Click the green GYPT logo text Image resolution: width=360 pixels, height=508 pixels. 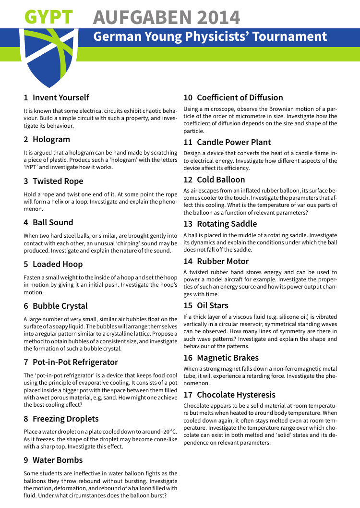click(48, 18)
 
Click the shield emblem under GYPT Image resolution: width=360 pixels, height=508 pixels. click(49, 55)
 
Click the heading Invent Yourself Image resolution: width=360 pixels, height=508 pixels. click(61, 97)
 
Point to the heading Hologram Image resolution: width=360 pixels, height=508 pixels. click(51, 139)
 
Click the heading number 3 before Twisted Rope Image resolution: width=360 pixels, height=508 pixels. click(26, 181)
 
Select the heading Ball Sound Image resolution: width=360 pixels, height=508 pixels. click(53, 222)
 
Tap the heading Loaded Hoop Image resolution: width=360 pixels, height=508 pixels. click(58, 264)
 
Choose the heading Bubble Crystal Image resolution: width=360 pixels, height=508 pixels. click(60, 306)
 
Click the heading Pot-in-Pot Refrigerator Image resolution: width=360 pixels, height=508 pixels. click(75, 362)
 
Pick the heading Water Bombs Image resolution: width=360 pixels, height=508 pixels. click(58, 460)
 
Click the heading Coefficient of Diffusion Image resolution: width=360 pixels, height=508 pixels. click(240, 97)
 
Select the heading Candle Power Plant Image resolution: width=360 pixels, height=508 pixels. click(234, 142)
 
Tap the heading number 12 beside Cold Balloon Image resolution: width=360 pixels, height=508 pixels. click(188, 180)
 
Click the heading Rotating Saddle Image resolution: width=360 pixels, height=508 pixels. click(227, 224)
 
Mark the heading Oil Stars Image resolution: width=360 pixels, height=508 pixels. click(213, 305)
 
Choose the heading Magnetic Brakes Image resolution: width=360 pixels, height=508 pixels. click(228, 358)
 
